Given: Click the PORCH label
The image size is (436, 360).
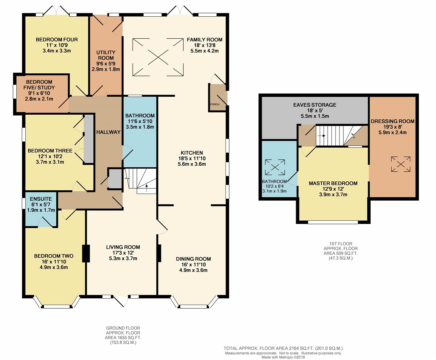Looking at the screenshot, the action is (215, 104).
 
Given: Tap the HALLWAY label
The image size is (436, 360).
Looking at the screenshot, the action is (108, 132).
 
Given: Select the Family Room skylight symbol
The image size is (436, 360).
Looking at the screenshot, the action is (158, 57).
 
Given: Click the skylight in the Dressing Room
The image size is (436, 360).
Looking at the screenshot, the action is (401, 164).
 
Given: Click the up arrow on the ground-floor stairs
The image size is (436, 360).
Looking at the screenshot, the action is (147, 188).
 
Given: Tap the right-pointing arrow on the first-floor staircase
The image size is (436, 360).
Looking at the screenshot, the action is (321, 136).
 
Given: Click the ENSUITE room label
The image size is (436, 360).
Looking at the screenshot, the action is (41, 199).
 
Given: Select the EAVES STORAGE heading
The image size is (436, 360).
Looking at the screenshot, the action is (315, 105).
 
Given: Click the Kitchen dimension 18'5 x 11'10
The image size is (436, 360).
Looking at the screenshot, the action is (192, 158).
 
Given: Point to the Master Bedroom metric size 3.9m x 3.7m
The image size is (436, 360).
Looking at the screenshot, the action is (333, 195).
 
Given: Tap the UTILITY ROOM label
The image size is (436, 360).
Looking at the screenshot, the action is (106, 55).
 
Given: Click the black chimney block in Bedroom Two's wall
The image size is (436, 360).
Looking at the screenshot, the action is (86, 253).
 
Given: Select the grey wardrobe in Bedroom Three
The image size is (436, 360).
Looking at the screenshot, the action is (89, 139).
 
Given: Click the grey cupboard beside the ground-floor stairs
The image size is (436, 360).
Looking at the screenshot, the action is (115, 179).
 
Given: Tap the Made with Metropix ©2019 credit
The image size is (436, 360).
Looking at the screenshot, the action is (283, 357).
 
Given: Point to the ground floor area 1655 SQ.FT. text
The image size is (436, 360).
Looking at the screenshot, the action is (123, 338).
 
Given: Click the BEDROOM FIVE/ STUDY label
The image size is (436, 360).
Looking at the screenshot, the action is (39, 85).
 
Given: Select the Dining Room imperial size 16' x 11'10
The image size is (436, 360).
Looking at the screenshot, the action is (194, 265).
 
